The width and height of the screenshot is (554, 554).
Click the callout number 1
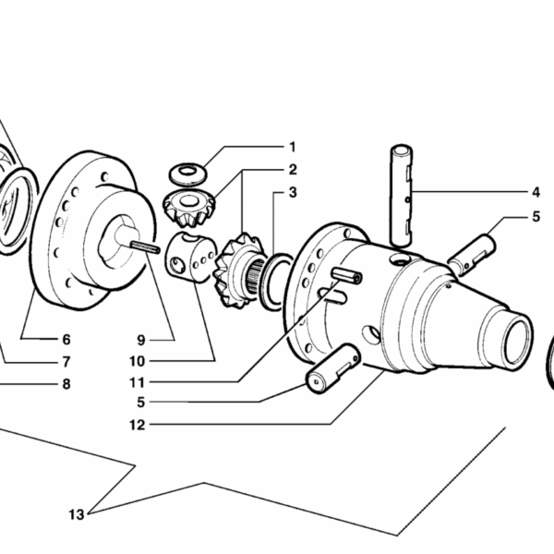pyautogui.click(x=292, y=147)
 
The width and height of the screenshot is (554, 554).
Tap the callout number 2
pyautogui.click(x=293, y=170)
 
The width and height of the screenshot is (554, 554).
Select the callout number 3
pyautogui.click(x=293, y=193)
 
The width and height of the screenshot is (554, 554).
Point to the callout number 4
pyautogui.click(x=536, y=193)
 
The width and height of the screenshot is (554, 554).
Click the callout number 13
pyautogui.click(x=77, y=515)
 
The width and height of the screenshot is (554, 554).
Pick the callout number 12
pyautogui.click(x=138, y=425)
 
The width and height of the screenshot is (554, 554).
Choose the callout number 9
pyautogui.click(x=141, y=340)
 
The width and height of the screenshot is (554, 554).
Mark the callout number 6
pyautogui.click(x=66, y=340)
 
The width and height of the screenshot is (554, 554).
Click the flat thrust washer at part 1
pyautogui.click(x=188, y=174)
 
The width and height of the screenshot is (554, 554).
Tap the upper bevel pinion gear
pyautogui.click(x=189, y=208)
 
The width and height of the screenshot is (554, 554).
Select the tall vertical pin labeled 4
pyautogui.click(x=402, y=195)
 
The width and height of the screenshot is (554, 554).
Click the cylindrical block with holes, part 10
pyautogui.click(x=191, y=257)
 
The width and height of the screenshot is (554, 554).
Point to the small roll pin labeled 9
pyautogui.click(x=145, y=247)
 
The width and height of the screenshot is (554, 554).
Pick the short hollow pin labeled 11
pyautogui.click(x=346, y=275)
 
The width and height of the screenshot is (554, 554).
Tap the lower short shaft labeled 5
pyautogui.click(x=333, y=368)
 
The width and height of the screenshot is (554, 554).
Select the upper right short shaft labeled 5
pyautogui.click(x=472, y=255)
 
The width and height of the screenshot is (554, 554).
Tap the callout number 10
pyautogui.click(x=138, y=361)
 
